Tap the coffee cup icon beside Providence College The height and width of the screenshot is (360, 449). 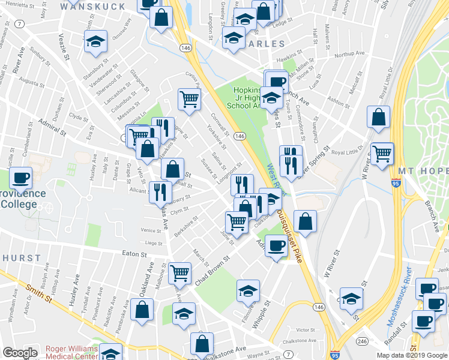[x=21, y=178]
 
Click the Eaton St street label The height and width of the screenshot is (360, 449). [x=135, y=254]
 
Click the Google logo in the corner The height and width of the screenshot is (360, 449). [x=20, y=353]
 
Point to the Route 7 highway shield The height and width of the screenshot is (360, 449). [x=20, y=24]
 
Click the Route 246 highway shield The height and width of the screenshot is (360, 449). [x=361, y=341]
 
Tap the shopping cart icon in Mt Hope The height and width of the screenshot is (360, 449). [x=382, y=154]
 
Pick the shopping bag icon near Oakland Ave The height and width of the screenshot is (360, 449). [x=142, y=311]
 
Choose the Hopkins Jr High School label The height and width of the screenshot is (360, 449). [x=247, y=98]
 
